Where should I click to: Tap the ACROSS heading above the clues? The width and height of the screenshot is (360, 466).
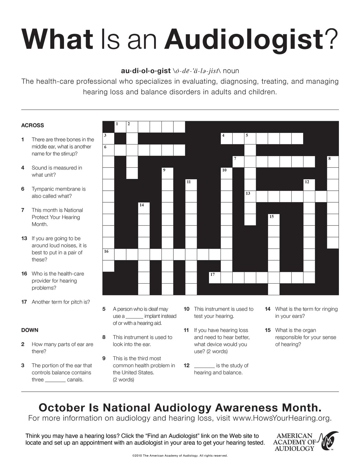pyautogui.click(x=33, y=126)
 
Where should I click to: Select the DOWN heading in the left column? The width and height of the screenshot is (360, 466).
pyautogui.click(x=30, y=330)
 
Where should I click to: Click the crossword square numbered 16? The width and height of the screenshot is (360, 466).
pyautogui.click(x=108, y=254)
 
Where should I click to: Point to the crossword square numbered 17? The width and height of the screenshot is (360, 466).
pyautogui.click(x=215, y=277)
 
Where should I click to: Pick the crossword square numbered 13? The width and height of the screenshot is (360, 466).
pyautogui.click(x=250, y=196)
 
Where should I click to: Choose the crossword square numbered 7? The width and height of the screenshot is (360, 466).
pyautogui.click(x=238, y=161)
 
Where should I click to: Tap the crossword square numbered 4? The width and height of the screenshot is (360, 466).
pyautogui.click(x=226, y=138)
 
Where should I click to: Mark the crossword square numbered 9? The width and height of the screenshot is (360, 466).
pyautogui.click(x=167, y=173)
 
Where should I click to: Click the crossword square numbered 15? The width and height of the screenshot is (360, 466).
pyautogui.click(x=274, y=219)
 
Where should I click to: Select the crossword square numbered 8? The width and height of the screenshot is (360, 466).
pyautogui.click(x=333, y=161)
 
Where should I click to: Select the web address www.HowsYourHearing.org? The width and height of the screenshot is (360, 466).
pyautogui.click(x=282, y=418)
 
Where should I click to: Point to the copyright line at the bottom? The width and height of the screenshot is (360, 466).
pyautogui.click(x=180, y=456)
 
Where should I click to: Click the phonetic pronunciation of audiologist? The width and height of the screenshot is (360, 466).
pyautogui.click(x=197, y=71)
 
